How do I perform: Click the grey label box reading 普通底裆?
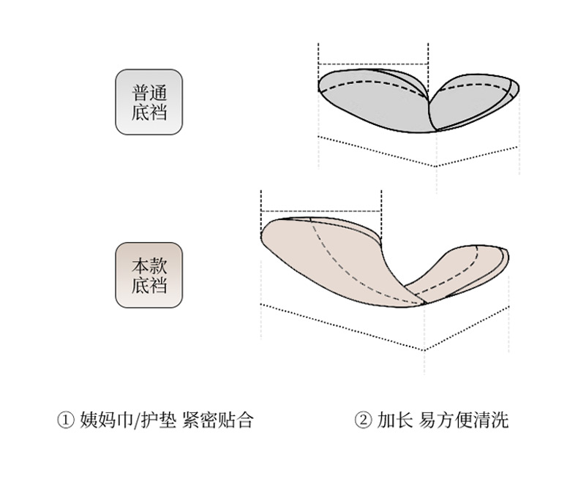coord(149,102)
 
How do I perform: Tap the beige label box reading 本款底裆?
coord(149,275)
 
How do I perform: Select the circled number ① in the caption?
coord(65,420)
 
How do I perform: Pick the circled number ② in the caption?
coord(364,420)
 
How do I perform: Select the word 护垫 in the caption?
coord(155,420)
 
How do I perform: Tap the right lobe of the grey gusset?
coord(472,102)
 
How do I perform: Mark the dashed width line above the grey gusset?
coord(373,64)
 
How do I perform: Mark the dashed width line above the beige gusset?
coord(322,211)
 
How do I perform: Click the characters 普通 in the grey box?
coord(149,93)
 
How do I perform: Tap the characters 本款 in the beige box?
coord(149,265)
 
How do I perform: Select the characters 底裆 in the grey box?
coord(149,113)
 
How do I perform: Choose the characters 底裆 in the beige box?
coord(149,285)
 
